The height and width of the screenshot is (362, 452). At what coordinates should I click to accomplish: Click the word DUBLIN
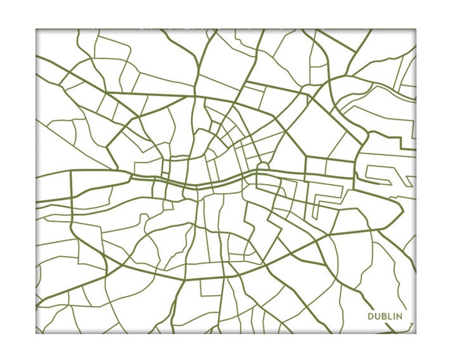click(385, 316)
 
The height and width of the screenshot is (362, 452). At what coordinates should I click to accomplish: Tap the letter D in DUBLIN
click(371, 316)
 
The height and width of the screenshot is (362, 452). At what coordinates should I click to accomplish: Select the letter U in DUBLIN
click(377, 316)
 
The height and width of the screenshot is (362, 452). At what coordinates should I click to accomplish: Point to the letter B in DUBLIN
click(384, 316)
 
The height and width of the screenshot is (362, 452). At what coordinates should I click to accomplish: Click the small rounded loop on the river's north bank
click(262, 169)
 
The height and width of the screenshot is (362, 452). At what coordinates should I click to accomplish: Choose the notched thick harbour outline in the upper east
click(393, 137)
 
